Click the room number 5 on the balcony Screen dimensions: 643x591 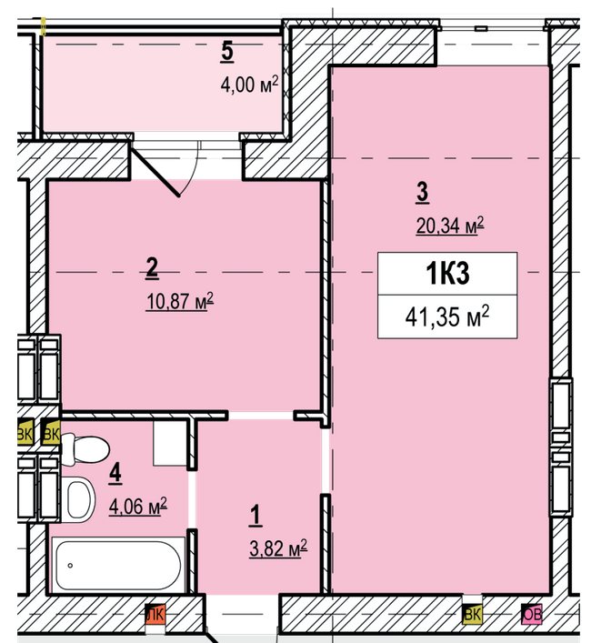[227, 52]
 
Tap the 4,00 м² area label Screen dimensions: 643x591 [248, 85]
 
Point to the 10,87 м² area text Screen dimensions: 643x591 [179, 300]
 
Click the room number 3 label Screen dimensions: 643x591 [422, 192]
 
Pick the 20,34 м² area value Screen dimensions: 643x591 [449, 225]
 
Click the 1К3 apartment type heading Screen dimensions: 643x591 [447, 272]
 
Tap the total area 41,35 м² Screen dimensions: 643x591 [447, 316]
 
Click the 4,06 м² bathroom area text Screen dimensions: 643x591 [137, 506]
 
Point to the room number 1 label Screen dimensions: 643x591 [255, 516]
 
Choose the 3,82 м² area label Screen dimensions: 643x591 [278, 548]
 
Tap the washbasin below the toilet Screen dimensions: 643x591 [79, 497]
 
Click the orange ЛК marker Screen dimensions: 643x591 [155, 616]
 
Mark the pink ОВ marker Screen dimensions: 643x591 [532, 616]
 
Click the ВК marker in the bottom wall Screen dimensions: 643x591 [472, 616]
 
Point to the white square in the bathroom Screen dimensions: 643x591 [170, 443]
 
